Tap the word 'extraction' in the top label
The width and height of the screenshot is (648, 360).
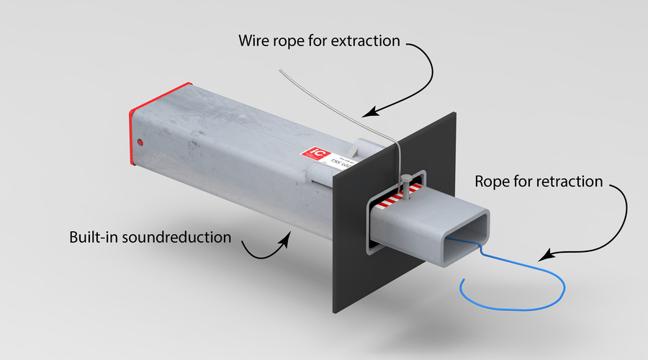364,41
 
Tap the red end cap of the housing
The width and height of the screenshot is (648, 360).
132,137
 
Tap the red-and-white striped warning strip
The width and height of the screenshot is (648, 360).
393,199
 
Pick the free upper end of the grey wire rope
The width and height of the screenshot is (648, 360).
282,71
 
